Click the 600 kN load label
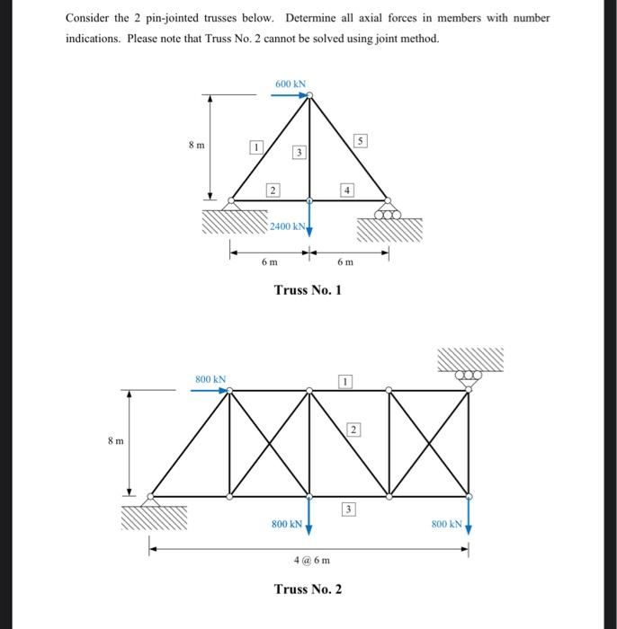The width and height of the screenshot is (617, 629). tap(291, 83)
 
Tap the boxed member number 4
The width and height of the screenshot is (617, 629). tap(346, 189)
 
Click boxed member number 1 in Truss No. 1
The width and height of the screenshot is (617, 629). tap(255, 146)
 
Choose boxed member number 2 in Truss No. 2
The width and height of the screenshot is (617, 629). tap(353, 430)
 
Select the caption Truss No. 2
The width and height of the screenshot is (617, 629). tap(308, 589)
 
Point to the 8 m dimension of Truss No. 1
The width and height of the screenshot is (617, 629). tap(195, 144)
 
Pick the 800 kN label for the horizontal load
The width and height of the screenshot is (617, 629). tap(210, 380)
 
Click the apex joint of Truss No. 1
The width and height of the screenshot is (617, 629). tap(308, 93)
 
